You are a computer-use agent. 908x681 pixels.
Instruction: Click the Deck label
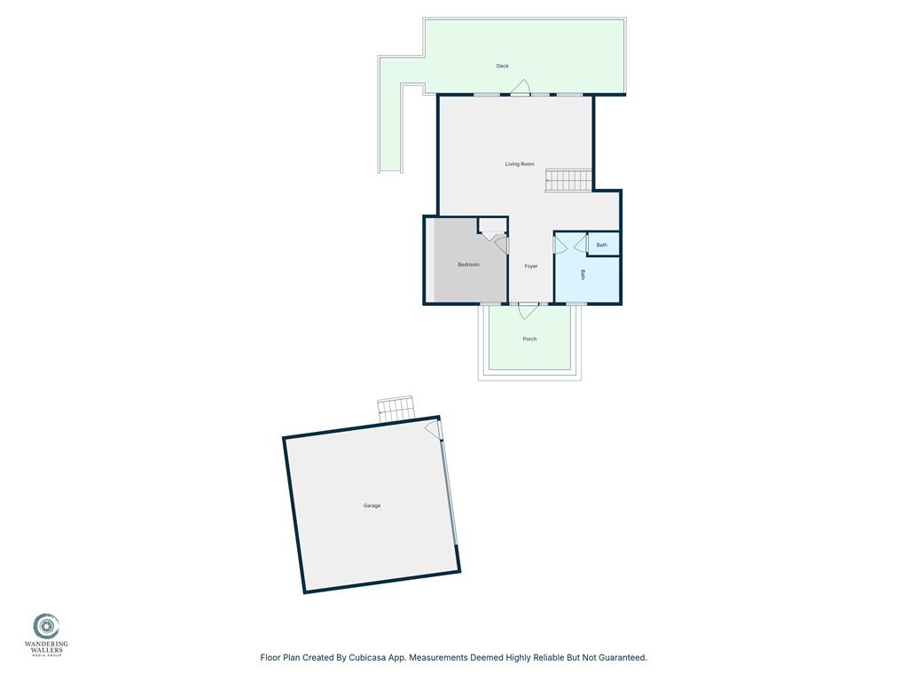(x=503, y=67)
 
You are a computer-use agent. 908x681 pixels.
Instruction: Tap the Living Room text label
(x=520, y=164)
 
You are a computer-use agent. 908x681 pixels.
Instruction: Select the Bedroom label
(x=468, y=265)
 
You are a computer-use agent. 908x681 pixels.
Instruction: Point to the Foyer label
(x=531, y=266)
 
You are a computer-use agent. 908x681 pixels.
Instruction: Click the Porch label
(x=529, y=339)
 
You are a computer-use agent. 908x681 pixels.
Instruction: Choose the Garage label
(x=372, y=505)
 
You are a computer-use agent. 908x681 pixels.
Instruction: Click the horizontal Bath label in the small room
(x=602, y=245)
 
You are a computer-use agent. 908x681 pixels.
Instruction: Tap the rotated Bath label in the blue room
(x=583, y=275)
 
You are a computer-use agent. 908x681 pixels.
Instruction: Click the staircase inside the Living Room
(x=568, y=180)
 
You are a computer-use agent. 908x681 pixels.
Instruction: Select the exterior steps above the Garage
(x=395, y=409)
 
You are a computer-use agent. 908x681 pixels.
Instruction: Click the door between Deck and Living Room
(x=521, y=88)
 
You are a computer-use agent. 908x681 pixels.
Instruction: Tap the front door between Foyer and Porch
(x=528, y=310)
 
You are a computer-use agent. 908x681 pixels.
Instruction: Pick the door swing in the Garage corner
(x=433, y=428)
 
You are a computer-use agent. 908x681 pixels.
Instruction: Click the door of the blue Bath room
(x=560, y=244)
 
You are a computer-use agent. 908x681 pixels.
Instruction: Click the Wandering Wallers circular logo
(x=46, y=626)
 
